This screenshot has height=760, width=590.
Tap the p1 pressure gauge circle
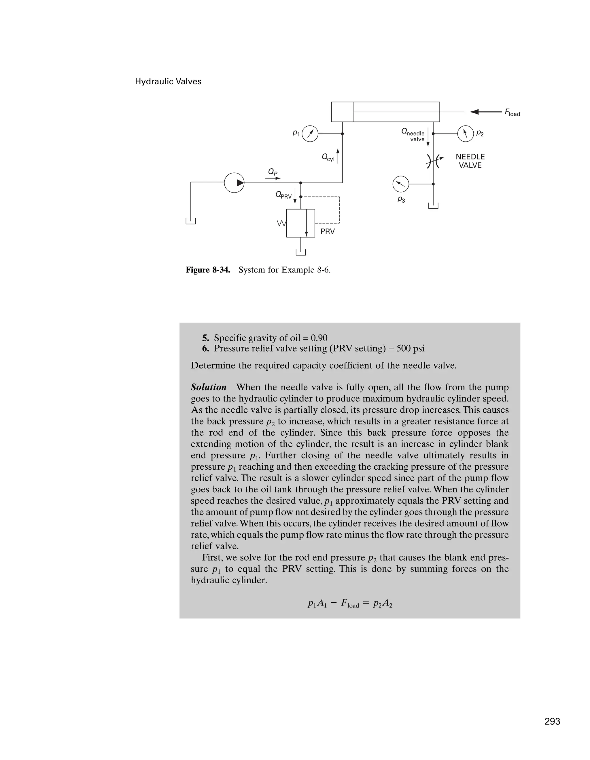point(310,134)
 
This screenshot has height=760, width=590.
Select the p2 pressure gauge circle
point(465,134)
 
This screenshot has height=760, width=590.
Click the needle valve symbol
point(434,161)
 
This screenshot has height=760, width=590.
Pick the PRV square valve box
point(300,223)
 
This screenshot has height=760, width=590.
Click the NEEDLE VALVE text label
point(470,161)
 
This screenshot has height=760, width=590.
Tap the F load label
point(512,113)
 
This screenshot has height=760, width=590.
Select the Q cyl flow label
point(328,157)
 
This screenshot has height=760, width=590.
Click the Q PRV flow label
point(283,195)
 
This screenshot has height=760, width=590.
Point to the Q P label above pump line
point(273,172)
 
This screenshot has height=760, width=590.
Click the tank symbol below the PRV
point(300,252)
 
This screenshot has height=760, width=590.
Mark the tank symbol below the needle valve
point(433,206)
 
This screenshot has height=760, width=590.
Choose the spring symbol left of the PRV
point(281,223)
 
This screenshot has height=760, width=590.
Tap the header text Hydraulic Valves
point(168,81)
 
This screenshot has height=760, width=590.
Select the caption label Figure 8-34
point(208,270)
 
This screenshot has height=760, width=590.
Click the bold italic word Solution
point(209,387)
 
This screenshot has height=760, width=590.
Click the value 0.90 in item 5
point(319,338)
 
